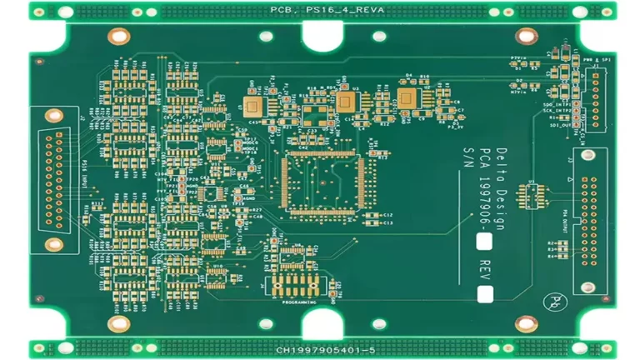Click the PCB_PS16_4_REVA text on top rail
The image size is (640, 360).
321,9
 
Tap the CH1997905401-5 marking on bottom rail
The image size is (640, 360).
321,351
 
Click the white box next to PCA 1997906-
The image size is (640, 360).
484,242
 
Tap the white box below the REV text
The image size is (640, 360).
484,293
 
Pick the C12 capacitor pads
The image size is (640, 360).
379,215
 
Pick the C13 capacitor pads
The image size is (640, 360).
379,223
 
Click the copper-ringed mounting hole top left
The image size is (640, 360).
119,36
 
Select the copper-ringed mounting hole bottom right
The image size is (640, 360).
526,323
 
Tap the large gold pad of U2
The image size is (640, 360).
253,104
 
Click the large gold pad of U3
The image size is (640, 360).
345,102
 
